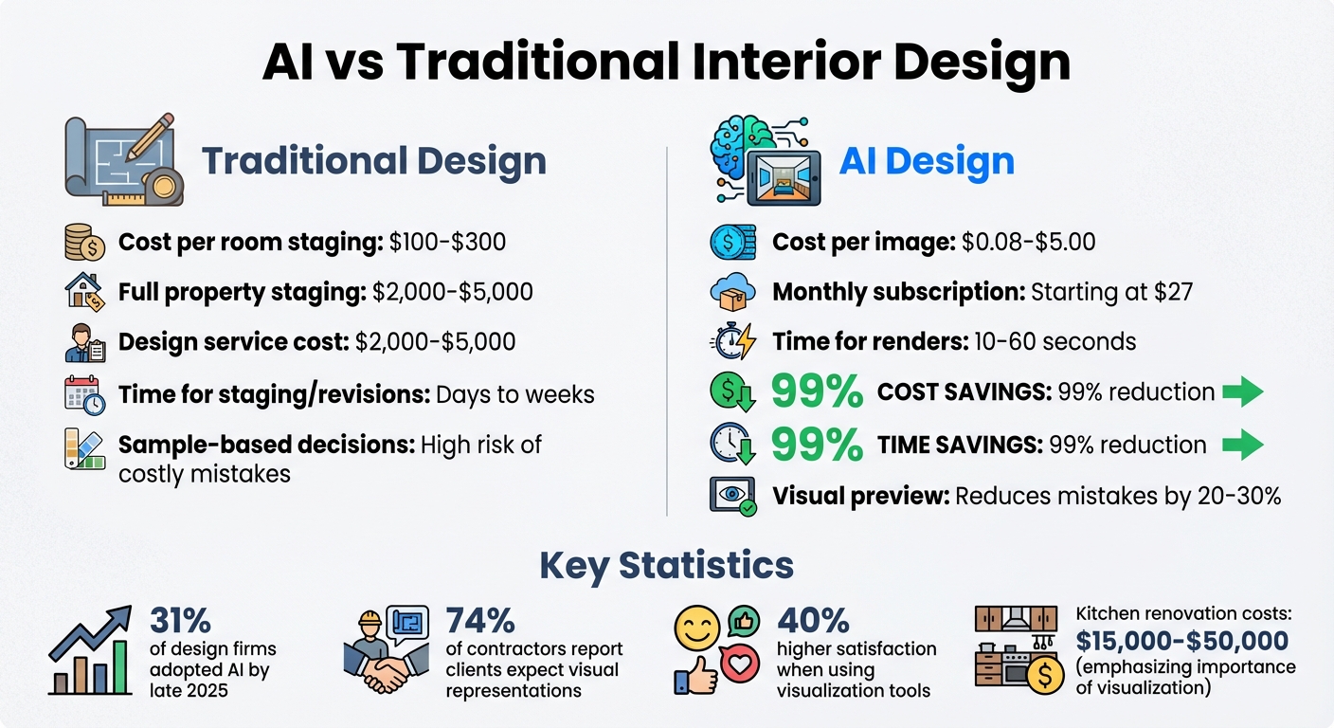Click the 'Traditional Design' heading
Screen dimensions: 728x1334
pos(373,160)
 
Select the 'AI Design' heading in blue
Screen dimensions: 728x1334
pos(927,160)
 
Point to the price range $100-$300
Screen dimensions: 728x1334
pos(447,242)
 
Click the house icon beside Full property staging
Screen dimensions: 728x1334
pos(83,291)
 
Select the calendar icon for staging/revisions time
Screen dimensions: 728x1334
pos(84,392)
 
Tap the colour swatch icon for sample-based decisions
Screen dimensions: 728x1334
pos(84,448)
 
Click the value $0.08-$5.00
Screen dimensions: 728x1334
pos(1028,242)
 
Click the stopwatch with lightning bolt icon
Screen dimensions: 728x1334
pos(732,340)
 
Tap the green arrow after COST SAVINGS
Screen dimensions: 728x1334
pos(1243,391)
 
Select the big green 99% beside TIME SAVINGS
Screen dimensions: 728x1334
pos(817,444)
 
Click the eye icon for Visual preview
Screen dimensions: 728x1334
pos(732,496)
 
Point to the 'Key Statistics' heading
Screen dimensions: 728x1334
pos(666,565)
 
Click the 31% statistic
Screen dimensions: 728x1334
pos(180,621)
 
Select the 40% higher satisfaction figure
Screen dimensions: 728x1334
pos(813,621)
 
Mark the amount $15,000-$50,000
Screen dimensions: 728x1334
pos(1181,640)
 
